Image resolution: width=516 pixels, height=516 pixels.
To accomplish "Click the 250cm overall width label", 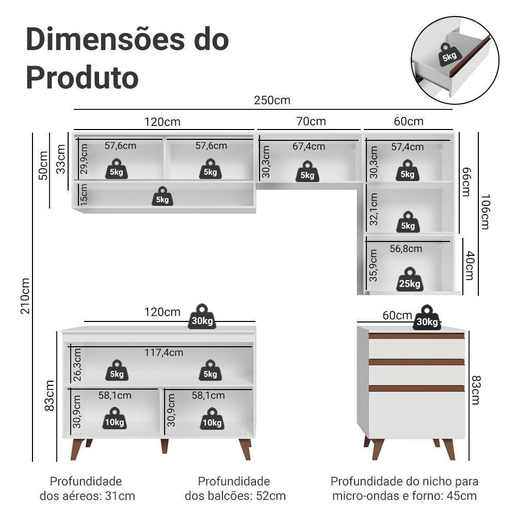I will click(x=272, y=100).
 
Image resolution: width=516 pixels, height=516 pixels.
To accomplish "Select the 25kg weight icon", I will click(x=410, y=280).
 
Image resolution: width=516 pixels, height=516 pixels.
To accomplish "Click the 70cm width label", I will click(x=311, y=121).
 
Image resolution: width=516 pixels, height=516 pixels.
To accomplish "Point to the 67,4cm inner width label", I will click(x=309, y=147).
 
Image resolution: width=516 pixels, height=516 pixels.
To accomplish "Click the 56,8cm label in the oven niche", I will click(x=406, y=249).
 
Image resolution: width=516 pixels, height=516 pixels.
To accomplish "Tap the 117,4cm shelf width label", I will click(x=164, y=352).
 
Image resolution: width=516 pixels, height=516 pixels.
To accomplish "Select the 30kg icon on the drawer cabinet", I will click(x=426, y=318).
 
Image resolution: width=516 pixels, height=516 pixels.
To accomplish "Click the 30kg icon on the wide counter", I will click(x=202, y=317).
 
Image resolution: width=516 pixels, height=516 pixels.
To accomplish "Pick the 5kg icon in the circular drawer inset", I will click(x=449, y=54).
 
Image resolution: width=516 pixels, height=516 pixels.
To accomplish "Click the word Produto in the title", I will click(x=82, y=77).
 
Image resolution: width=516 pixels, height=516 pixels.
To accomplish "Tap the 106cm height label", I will click(x=485, y=212).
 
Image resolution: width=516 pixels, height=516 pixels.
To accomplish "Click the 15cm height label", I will click(x=84, y=193).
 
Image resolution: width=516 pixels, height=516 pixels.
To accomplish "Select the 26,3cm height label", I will click(x=77, y=365).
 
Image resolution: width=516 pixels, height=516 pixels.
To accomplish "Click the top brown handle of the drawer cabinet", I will click(x=416, y=336).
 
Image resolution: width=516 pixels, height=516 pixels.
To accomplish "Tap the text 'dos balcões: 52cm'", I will click(x=235, y=496).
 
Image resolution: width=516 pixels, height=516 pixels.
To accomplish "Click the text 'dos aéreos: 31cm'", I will click(x=87, y=496).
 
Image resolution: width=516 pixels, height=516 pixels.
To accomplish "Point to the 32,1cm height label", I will click(x=374, y=209).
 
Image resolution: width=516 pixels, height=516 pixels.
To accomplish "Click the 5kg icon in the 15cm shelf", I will click(x=162, y=197).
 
